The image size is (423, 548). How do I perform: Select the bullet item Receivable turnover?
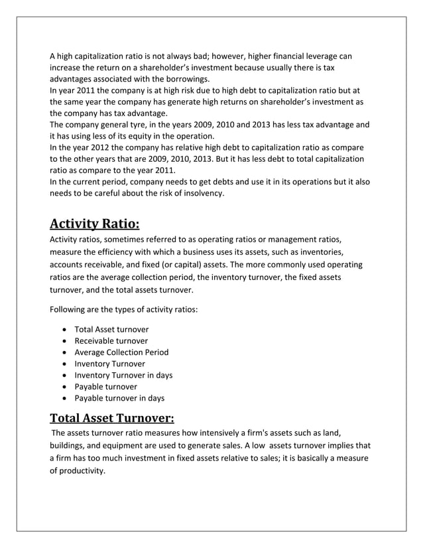pos(111,340)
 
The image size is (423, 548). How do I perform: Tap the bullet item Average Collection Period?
pos(121,352)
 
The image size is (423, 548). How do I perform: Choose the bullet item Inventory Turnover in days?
pos(123,375)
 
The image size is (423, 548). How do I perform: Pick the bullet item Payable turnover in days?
pos(119,398)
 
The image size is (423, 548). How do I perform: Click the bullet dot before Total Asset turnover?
pos(62,330)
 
